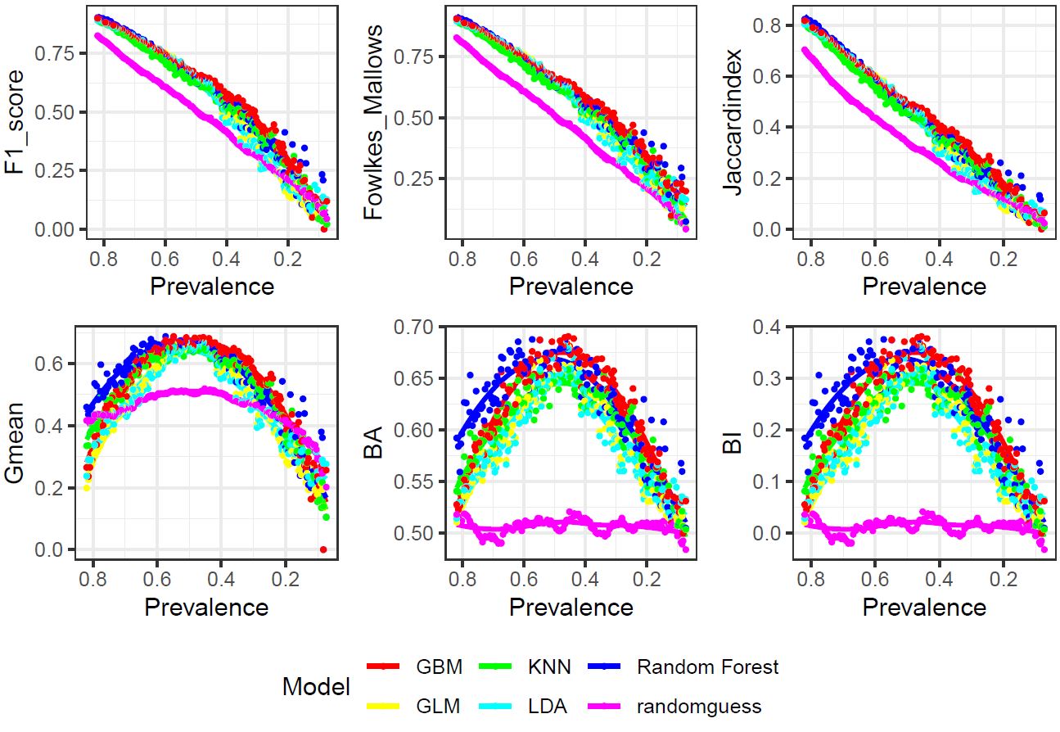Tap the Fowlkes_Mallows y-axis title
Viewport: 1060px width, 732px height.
(374, 122)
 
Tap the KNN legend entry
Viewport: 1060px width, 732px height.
(552, 666)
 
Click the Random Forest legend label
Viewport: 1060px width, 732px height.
(707, 666)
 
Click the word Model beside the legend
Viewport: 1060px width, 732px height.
(316, 686)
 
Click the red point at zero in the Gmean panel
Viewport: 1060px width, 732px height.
(323, 549)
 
